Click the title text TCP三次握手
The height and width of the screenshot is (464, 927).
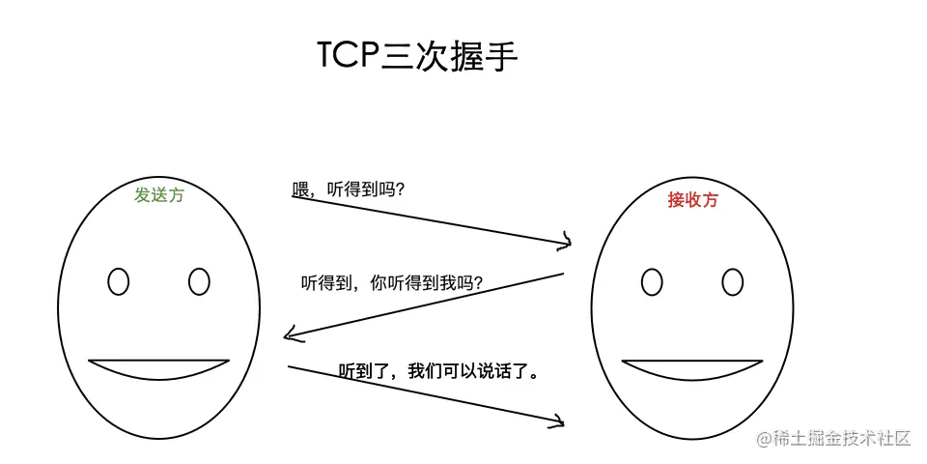[417, 56]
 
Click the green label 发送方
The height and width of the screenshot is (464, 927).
[159, 194]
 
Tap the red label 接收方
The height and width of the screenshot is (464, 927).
[693, 200]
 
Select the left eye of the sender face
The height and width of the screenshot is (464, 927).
[119, 281]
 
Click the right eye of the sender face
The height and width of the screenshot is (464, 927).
[199, 281]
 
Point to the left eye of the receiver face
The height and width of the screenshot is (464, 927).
[652, 281]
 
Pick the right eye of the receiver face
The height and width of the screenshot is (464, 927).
[733, 281]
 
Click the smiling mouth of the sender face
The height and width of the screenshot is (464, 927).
[159, 368]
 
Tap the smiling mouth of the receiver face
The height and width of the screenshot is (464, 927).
[692, 368]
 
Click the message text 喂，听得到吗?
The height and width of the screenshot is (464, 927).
[349, 189]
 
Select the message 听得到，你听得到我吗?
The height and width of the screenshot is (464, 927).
[392, 283]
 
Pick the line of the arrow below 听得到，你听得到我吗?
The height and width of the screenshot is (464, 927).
[425, 305]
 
